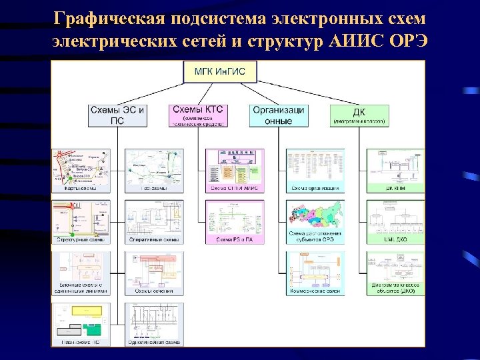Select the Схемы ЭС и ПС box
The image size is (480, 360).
(x=117, y=115)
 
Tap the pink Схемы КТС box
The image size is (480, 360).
(x=199, y=115)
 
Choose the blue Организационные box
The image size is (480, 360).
(x=280, y=115)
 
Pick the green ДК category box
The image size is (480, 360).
(x=361, y=115)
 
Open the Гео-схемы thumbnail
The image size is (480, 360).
(x=153, y=171)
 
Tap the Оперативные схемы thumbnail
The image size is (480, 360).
(x=153, y=222)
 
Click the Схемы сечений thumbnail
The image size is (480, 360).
(x=153, y=273)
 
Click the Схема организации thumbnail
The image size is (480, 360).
(x=314, y=171)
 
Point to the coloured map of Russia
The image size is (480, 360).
(x=314, y=217)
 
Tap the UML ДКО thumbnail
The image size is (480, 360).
(x=395, y=222)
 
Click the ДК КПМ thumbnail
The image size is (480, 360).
(x=395, y=171)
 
